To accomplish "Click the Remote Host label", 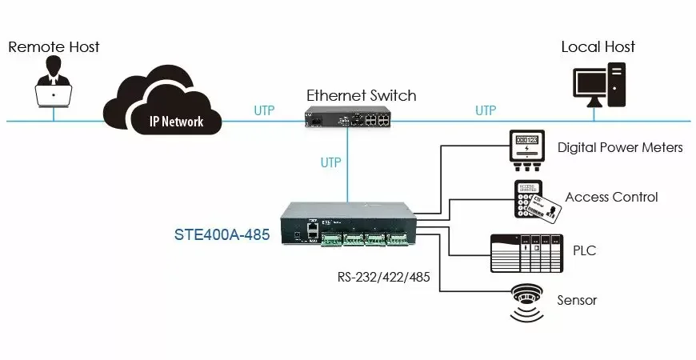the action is (54, 46).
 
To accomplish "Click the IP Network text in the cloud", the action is (176, 121).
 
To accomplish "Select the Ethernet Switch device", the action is (347, 117).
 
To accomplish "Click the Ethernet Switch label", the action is (362, 95).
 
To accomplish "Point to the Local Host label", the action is (598, 46).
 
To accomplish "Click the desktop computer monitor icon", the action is (590, 87).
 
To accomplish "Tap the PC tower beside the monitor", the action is (617, 85).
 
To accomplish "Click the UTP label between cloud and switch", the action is (264, 110).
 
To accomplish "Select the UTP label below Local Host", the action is (486, 110).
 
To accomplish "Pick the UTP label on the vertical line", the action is (330, 162).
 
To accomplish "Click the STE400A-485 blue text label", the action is (222, 234).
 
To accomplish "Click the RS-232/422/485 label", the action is (383, 277).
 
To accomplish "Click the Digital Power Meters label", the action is (620, 147).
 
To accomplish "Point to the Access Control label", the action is (611, 197).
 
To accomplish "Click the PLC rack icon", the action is (527, 254).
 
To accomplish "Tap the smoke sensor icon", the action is (527, 302).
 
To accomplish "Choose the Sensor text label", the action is (577, 300).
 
